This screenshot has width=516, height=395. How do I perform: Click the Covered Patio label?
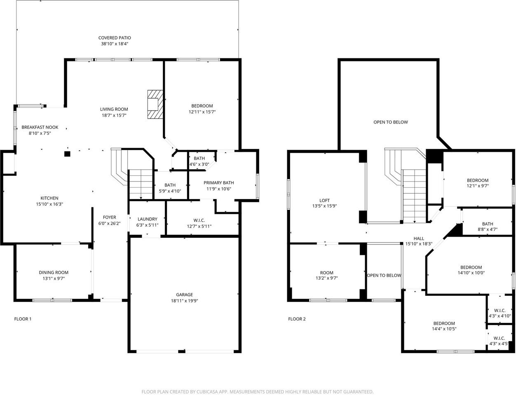pyautogui.click(x=115, y=38)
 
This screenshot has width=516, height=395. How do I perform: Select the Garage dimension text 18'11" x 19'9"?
pyautogui.click(x=184, y=301)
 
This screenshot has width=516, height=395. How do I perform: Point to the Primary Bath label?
pyautogui.click(x=218, y=183)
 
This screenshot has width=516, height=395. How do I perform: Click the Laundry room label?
pyautogui.click(x=147, y=219)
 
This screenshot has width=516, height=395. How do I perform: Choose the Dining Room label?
pyautogui.click(x=54, y=272)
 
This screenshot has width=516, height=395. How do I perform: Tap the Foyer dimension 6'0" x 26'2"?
pyautogui.click(x=109, y=223)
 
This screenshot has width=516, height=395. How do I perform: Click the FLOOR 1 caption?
pyautogui.click(x=23, y=319)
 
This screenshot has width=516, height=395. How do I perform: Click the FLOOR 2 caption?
pyautogui.click(x=297, y=319)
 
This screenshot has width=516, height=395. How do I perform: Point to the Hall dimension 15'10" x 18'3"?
pyautogui.click(x=418, y=244)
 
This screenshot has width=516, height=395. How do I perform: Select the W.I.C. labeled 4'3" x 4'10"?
pyautogui.click(x=500, y=313)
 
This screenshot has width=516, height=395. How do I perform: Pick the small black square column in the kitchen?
pyautogui.click(x=67, y=154)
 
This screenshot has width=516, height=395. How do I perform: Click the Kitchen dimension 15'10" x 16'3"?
pyautogui.click(x=49, y=204)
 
